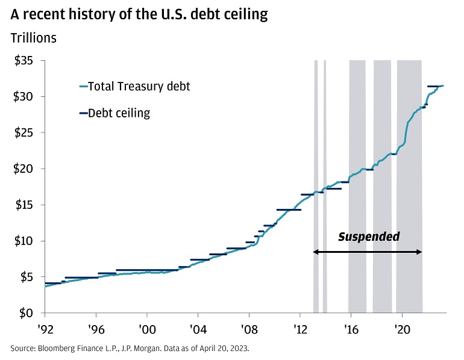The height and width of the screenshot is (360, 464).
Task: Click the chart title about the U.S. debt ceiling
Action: [x=139, y=14]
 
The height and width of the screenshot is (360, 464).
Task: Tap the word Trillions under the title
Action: [x=34, y=38]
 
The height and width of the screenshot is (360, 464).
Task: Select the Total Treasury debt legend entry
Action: [x=139, y=86]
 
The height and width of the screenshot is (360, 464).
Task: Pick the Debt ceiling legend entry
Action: [x=119, y=113]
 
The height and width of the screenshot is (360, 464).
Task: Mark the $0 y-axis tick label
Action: [x=26, y=313]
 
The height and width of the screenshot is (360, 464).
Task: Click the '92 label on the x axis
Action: [x=45, y=329]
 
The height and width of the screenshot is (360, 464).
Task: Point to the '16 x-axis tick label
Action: [x=351, y=329]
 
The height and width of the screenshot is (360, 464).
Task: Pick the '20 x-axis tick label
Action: [x=402, y=329]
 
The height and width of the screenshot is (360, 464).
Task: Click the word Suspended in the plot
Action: [x=368, y=237]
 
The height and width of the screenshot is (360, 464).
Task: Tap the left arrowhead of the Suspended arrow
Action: [x=315, y=252]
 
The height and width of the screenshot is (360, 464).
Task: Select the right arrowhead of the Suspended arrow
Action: [x=419, y=252]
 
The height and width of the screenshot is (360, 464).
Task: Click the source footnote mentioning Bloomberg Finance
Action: [x=130, y=349]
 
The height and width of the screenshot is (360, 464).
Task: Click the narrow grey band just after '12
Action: [x=316, y=181]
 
